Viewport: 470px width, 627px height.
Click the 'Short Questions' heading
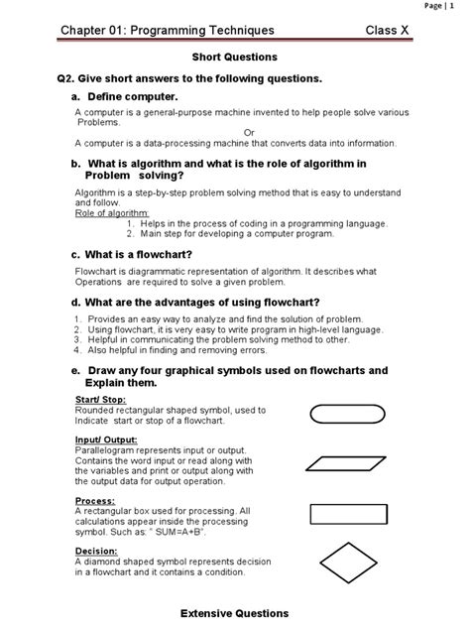(x=234, y=58)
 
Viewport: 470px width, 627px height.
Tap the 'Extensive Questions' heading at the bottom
(x=234, y=613)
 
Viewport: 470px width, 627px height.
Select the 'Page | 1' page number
(x=439, y=5)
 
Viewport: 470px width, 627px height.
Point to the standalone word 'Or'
(x=249, y=132)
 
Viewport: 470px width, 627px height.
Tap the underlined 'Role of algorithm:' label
(x=112, y=213)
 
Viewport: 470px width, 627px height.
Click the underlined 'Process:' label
(x=94, y=501)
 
